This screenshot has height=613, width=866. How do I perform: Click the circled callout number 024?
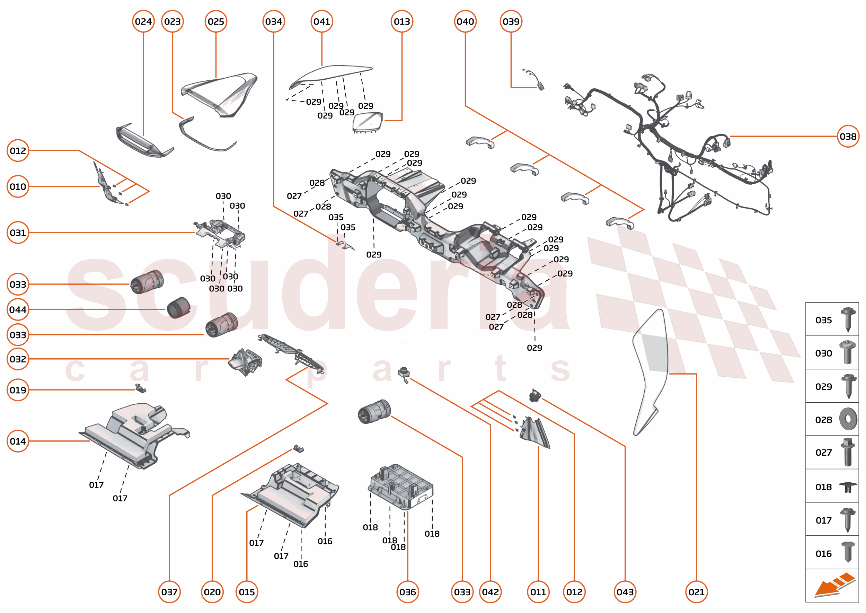pos(143,21)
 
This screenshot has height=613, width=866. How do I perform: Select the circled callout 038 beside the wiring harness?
pos(848,136)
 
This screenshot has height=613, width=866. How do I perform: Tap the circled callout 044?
pos(18,309)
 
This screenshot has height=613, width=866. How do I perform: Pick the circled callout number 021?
pos(696,592)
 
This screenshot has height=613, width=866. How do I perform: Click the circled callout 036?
pos(407,592)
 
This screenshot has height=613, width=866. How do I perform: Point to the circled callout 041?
pos(321,21)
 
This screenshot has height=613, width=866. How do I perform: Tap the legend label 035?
pos(823,320)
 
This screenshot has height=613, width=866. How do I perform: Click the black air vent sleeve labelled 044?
pos(178,308)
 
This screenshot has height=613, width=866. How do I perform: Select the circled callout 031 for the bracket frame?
pos(18,233)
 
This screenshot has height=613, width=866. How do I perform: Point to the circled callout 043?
pos(625,592)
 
